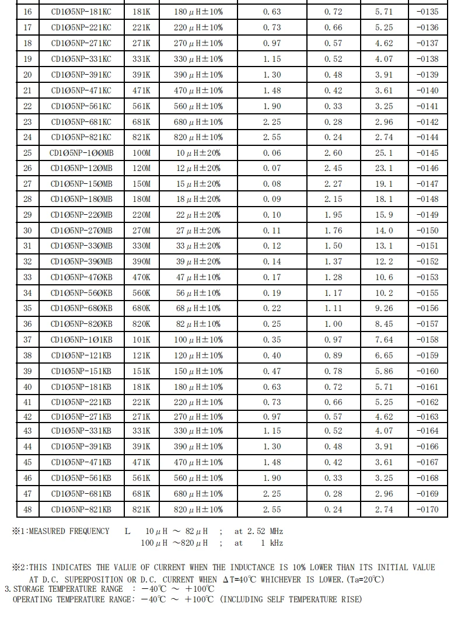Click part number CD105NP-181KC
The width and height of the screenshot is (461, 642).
[x=81, y=12]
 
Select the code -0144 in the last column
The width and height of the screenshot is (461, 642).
[x=427, y=137]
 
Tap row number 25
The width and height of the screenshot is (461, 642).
[x=27, y=153]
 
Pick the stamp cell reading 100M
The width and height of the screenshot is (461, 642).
[x=141, y=153]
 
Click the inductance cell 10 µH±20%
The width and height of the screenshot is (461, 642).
[x=198, y=153]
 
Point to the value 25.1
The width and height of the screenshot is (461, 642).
[x=384, y=153]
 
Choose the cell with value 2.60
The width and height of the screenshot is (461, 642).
[x=333, y=153]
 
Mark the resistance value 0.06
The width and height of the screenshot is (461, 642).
[x=272, y=153]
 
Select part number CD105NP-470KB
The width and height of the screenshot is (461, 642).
[x=81, y=277]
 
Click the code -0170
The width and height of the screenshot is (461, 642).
[x=427, y=510]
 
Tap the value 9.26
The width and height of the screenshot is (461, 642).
[x=384, y=308]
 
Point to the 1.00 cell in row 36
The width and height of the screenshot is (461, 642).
[x=333, y=324]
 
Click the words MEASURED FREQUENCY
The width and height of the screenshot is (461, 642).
[x=69, y=531]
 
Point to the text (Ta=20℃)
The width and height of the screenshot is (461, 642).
[x=364, y=580]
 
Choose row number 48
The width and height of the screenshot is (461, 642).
[x=27, y=510]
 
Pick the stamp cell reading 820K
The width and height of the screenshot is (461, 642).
[x=141, y=324]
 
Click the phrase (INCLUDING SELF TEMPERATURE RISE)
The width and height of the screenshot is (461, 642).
[x=291, y=599]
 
